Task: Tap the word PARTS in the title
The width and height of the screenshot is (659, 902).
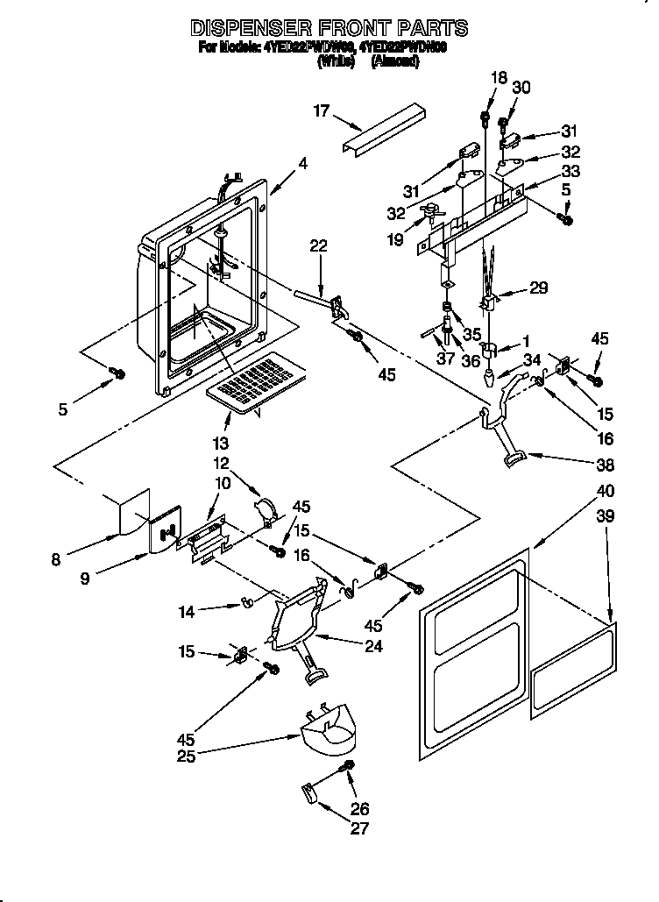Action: pos(429,29)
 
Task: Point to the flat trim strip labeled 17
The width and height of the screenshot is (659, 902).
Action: pos(382,130)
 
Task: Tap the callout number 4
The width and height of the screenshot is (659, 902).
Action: pos(302,162)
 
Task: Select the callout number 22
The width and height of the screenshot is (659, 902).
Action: pos(317,246)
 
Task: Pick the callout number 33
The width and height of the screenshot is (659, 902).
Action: pos(570,171)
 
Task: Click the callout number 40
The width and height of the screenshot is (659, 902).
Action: pos(605,490)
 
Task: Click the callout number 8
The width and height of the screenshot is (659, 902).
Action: pos(56,559)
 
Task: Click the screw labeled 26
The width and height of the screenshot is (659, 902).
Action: pos(350,768)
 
